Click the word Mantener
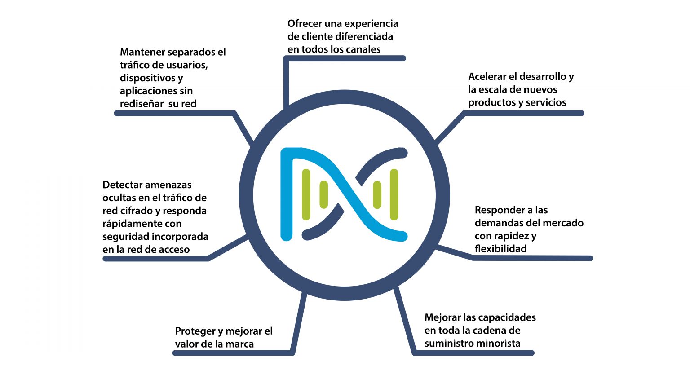142,52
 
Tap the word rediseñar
142,104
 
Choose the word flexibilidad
500,248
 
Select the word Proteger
195,331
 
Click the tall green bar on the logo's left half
306,194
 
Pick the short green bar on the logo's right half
377,194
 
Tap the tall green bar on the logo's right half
394,194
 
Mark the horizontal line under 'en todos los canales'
345,58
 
